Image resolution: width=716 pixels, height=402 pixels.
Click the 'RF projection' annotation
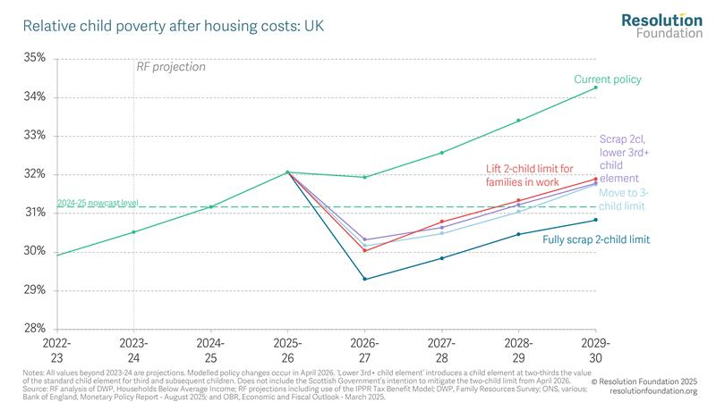170,67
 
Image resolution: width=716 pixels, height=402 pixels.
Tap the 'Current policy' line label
608,80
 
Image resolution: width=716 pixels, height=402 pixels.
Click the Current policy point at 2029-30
595,88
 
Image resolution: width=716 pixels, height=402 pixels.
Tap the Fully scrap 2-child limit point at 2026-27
364,279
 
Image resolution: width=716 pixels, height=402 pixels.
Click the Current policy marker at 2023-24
133,232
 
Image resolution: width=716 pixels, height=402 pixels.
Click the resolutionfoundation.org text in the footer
652,391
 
